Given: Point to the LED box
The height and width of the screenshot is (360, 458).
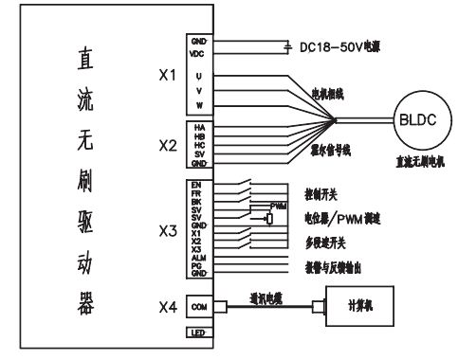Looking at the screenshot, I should [199, 334].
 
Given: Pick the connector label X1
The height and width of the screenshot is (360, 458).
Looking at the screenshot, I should [167, 76].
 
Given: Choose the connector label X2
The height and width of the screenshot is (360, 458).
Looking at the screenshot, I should [167, 146].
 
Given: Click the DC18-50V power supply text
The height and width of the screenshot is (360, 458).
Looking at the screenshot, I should [340, 47].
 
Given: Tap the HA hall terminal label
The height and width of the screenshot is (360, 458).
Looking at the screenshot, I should [199, 127].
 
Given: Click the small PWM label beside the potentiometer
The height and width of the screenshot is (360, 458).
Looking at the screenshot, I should [278, 206].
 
